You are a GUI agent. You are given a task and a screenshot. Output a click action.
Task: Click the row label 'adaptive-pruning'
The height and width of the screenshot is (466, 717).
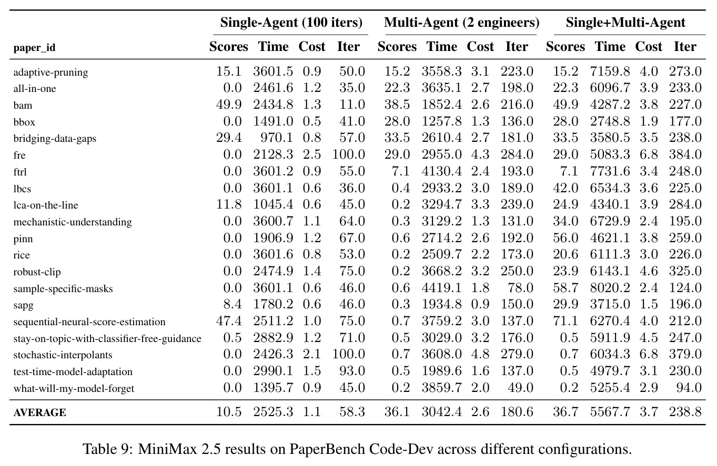click(51, 72)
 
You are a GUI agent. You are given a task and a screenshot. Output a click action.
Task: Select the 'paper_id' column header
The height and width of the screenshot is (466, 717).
click(34, 48)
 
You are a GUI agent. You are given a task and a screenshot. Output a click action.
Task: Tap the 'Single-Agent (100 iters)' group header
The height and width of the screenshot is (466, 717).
click(291, 23)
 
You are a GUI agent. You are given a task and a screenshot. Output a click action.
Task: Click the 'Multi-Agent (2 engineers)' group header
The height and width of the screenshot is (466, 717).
click(461, 23)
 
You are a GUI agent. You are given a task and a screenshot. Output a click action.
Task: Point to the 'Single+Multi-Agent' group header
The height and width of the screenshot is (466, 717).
click(625, 23)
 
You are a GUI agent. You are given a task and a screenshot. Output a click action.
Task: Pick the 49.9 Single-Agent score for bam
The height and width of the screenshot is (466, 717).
click(228, 105)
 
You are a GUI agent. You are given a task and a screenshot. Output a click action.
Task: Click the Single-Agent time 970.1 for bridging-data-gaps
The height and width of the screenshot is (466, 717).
click(276, 138)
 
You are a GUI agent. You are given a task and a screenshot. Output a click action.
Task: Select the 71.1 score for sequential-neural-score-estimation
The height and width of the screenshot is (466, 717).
click(565, 320)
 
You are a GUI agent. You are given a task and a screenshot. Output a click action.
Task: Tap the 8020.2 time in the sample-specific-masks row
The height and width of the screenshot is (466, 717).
click(610, 288)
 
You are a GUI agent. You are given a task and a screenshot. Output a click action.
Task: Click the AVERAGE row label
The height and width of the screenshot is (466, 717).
click(39, 412)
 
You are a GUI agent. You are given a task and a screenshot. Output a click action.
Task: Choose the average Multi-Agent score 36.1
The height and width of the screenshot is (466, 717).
click(397, 412)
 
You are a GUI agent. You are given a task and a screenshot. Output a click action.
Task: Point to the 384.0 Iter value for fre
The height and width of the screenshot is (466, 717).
click(685, 154)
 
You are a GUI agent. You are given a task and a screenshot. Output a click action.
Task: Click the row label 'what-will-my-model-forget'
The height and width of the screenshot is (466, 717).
click(74, 388)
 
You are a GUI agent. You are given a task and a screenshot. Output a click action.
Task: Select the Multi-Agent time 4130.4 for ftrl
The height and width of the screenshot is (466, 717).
click(441, 171)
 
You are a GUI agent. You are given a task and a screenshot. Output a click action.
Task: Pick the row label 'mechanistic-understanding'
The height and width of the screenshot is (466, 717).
click(73, 222)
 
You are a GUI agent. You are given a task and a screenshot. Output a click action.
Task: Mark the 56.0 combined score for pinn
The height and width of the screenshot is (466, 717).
click(565, 238)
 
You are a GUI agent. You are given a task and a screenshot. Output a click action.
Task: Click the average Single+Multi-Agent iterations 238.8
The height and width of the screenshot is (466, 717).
click(685, 412)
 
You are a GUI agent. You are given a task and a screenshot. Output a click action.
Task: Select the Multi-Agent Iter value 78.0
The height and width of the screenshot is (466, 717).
click(520, 288)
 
